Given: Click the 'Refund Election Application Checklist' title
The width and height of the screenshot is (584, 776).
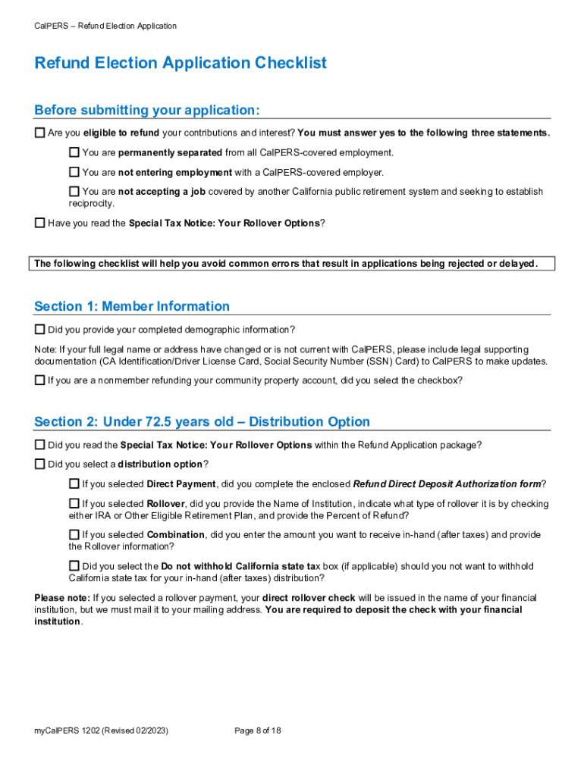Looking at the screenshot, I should [181, 63].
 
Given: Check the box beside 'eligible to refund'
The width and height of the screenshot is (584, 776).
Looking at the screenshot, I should [39, 133].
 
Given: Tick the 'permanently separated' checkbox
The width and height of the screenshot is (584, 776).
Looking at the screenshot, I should [74, 152].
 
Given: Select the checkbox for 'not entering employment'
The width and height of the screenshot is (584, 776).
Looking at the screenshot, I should [74, 172].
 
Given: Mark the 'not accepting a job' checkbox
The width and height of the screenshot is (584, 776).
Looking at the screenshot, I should [74, 192].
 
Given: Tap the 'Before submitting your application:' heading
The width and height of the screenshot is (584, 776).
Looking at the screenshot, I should [147, 111].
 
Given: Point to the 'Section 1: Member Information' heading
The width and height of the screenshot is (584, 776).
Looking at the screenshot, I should [132, 306].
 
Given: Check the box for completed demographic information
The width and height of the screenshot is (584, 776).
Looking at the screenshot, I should [39, 330].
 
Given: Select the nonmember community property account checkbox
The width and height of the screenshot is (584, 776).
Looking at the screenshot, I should [39, 380].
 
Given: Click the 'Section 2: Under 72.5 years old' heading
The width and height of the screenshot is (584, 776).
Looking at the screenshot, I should [202, 421].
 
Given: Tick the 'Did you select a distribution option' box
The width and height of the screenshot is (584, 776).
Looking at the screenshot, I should [39, 464].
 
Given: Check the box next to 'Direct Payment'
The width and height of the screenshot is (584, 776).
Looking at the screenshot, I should [74, 483].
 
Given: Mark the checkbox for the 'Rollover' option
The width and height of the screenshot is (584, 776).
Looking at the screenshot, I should [74, 503].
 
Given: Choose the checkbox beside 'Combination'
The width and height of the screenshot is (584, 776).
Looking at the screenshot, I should [74, 534].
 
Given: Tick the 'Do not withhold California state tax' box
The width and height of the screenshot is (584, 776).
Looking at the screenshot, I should [74, 565].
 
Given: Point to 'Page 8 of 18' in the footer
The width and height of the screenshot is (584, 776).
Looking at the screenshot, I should [258, 731].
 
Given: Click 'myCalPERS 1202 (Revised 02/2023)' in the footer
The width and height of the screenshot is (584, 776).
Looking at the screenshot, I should [101, 731].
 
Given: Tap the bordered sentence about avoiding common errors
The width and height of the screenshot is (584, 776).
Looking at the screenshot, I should [285, 264].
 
